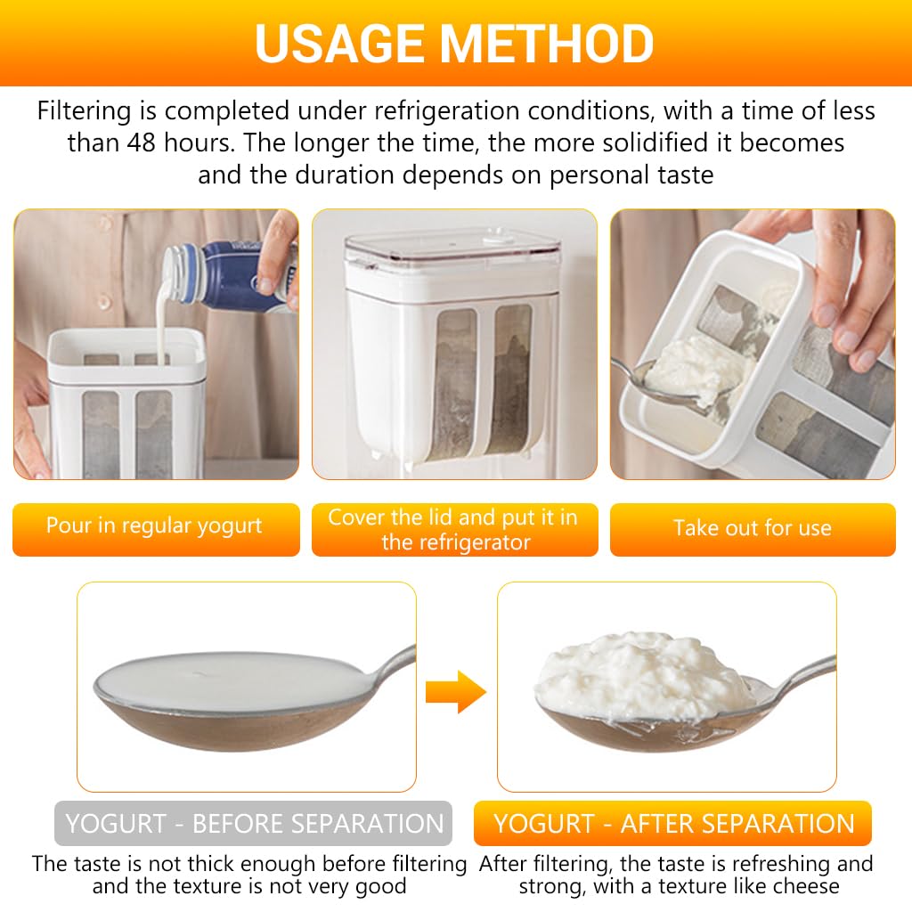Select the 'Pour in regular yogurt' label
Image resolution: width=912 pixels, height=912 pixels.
[155, 525]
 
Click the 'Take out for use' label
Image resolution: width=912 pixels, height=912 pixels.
[753, 528]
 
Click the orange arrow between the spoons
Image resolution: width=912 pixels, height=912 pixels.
[454, 691]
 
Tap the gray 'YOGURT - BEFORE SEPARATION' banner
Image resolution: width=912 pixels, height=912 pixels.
[254, 824]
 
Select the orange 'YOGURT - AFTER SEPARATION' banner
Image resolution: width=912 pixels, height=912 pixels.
[673, 824]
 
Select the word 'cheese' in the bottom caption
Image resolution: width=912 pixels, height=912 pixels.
[805, 885]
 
